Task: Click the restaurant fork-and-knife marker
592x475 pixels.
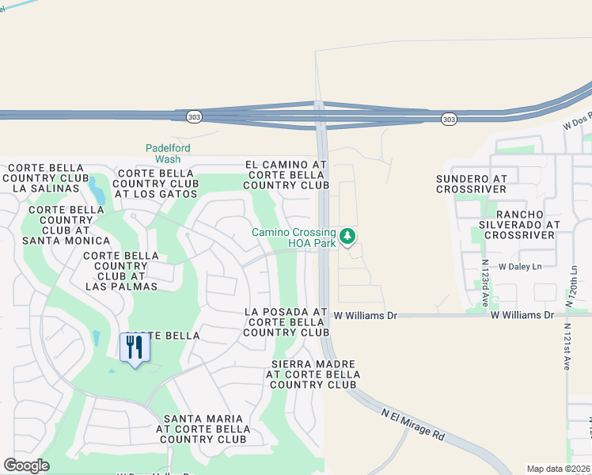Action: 134,348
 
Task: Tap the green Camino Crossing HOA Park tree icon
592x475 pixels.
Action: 347,236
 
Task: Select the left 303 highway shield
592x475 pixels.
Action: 194,117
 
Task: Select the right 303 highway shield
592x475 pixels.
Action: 449,119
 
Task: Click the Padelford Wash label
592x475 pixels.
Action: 168,154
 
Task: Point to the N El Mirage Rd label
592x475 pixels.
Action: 413,424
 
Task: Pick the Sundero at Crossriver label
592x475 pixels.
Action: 482,184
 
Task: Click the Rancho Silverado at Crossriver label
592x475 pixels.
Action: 522,225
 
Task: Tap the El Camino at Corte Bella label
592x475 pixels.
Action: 286,175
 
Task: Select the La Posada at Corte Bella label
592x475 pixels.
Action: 286,322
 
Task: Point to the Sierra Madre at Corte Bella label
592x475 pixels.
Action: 313,374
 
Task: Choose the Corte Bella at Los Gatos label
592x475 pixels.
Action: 156,183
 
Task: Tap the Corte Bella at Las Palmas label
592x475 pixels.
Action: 120,270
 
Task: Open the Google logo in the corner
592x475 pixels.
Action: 26,465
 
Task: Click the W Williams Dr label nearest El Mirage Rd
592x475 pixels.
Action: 364,315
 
